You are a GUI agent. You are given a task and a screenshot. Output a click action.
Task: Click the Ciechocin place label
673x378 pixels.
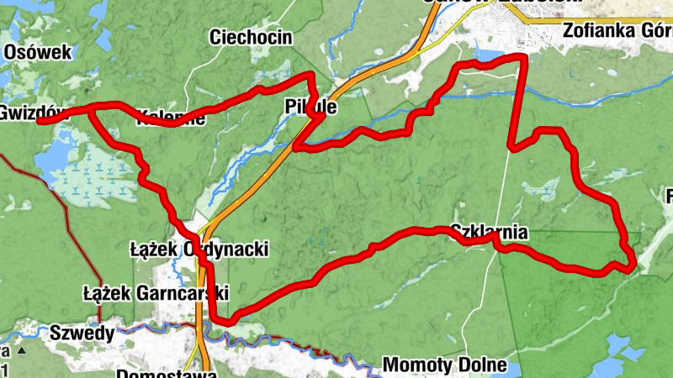tap(251, 37)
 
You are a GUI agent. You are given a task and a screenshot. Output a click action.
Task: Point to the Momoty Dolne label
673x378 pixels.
tap(445, 365)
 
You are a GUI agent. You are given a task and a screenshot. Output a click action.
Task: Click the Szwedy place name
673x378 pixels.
tap(82, 333)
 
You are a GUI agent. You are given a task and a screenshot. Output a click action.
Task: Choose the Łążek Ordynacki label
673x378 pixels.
tap(199, 249)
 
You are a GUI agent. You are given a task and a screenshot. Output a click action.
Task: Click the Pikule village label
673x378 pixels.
tap(311, 108)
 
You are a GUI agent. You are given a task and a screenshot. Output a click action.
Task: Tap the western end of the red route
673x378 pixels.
tap(40, 121)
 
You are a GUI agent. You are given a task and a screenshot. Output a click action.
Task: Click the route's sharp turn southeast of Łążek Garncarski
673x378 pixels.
tap(225, 318)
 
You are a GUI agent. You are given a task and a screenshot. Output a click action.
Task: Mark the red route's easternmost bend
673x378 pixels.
tap(633, 262)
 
